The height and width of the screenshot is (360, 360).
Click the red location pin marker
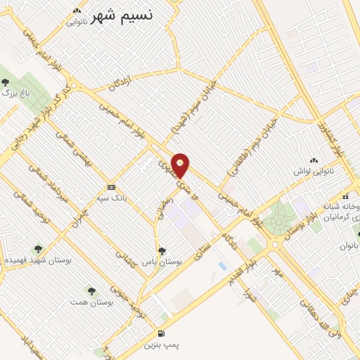181,165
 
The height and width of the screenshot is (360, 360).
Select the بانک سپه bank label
113,198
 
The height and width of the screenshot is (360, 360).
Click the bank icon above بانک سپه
111,187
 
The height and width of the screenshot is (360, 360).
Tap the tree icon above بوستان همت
90,290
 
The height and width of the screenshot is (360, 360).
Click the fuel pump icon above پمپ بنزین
162,333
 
